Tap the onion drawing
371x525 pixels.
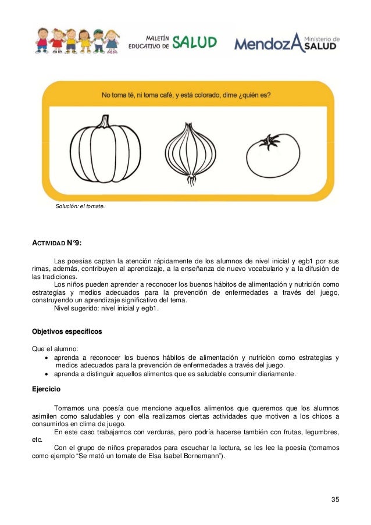click(x=190, y=152)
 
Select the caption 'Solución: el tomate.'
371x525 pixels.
click(x=80, y=206)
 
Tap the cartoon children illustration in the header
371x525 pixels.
click(x=76, y=41)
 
